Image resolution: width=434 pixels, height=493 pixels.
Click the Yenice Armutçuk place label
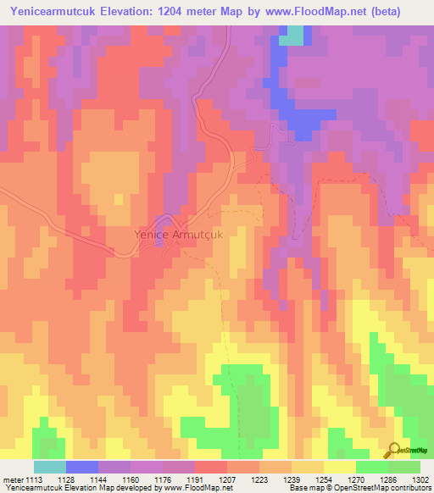[x=178, y=234]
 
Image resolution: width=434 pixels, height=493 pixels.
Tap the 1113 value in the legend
[x=33, y=479]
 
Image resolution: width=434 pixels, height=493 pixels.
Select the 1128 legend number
[x=65, y=479]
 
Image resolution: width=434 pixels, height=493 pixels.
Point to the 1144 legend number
[x=98, y=479]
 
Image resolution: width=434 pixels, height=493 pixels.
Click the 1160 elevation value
[x=131, y=479]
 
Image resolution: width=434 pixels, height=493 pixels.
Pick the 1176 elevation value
[x=163, y=479]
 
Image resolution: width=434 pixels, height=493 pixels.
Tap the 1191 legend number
[x=195, y=479]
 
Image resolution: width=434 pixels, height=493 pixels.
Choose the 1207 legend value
[x=227, y=479]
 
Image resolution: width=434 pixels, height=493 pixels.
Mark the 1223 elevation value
[x=259, y=479]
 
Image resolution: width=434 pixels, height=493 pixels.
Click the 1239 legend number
[x=292, y=479]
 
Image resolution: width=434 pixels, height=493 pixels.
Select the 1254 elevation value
[x=324, y=479]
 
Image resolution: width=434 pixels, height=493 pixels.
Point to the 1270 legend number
[x=356, y=479]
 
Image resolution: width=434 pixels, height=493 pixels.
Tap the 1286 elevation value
[x=388, y=479]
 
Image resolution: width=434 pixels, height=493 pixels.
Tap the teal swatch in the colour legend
[x=50, y=467]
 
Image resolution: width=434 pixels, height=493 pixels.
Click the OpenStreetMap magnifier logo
[x=393, y=450]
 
